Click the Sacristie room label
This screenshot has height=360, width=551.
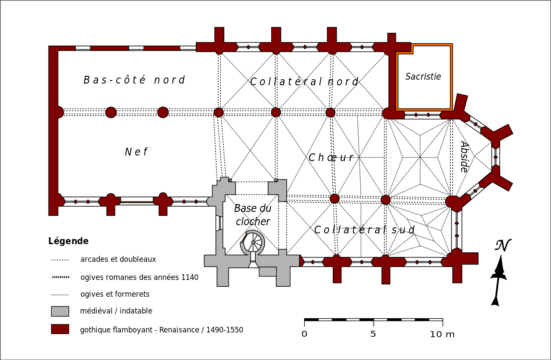(423, 77)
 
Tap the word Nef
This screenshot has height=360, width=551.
(136, 152)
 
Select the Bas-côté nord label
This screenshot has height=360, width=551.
(134, 80)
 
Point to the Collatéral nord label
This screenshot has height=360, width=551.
(304, 82)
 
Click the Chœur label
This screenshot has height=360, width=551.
(331, 158)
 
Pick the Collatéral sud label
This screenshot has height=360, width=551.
(364, 230)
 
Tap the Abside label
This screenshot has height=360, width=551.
(464, 156)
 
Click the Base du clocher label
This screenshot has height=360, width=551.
(253, 215)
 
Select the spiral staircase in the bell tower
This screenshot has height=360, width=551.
(253, 242)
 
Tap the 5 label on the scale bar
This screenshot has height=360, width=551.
(373, 334)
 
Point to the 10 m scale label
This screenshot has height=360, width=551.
(442, 334)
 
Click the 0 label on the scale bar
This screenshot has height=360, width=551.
(304, 334)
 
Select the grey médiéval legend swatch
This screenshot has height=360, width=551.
(60, 311)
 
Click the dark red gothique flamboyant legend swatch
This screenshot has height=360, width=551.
(60, 329)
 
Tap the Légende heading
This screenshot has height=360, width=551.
(68, 241)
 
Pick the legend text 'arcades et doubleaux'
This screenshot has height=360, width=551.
(118, 260)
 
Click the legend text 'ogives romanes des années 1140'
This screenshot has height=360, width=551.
(139, 277)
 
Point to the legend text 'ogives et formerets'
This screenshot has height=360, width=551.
(115, 295)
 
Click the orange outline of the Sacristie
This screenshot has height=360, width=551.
(451, 78)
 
